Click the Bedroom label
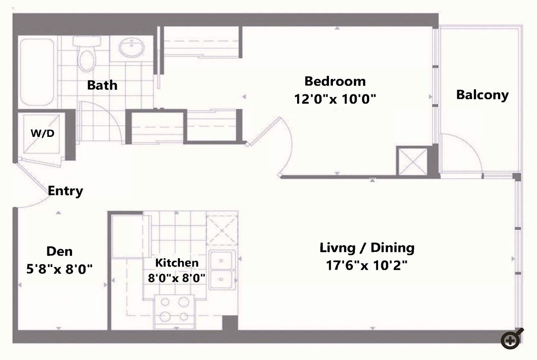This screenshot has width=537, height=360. [x=335, y=81]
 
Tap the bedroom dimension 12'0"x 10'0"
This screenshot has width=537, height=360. [x=335, y=99]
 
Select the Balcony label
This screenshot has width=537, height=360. [x=482, y=95]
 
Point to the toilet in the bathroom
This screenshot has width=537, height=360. [x=87, y=54]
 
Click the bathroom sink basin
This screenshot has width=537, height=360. [x=132, y=47]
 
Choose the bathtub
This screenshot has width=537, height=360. [x=37, y=72]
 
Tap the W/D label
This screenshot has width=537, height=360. [x=43, y=133]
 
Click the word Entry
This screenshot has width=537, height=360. [x=65, y=191]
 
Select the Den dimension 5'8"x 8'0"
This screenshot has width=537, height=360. [x=59, y=269]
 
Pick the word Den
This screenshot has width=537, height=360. [x=59, y=251]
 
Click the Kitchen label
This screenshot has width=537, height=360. [x=177, y=263]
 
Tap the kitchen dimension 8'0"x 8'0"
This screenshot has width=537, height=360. [x=176, y=278]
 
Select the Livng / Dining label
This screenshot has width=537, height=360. [x=367, y=248]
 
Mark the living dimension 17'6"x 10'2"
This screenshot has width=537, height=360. [x=367, y=265]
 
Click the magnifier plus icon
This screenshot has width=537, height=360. [x=511, y=339]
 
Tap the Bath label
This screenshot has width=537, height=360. [x=102, y=85]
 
